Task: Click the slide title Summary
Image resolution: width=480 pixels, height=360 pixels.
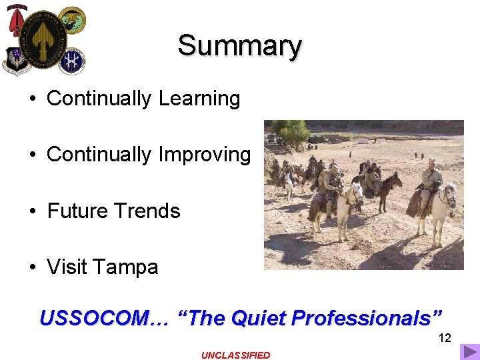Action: (239, 46)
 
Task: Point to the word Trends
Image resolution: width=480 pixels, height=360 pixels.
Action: (153, 211)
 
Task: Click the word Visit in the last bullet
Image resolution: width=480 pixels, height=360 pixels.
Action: (67, 267)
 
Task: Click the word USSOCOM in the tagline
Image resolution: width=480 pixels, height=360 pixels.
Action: (96, 318)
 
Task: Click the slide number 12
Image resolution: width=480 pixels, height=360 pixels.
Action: (445, 338)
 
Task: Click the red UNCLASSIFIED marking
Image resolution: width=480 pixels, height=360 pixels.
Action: (236, 355)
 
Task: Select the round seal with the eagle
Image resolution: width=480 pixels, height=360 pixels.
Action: (71, 21)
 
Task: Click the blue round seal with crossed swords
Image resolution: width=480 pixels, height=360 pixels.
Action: (71, 61)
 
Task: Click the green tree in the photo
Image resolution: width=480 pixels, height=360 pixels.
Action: (292, 133)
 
